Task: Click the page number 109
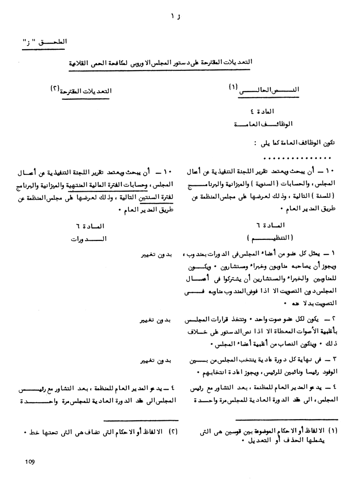tap(30, 462)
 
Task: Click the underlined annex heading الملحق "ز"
tap(45, 42)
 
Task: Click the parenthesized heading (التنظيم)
tap(270, 238)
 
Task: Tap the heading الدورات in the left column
tap(89, 239)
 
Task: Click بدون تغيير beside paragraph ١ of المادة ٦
tap(156, 255)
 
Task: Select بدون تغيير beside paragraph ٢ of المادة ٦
tap(156, 320)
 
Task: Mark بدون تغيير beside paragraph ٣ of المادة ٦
tap(156, 361)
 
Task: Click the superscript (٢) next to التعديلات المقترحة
tap(55, 89)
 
